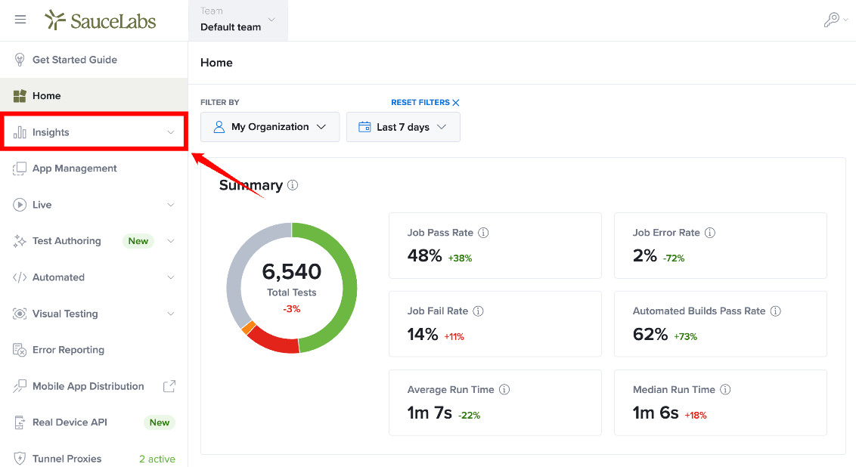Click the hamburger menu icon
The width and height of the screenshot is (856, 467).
pos(20,20)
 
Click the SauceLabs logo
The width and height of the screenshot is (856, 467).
pos(101,20)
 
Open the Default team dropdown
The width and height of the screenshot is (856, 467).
pos(238,20)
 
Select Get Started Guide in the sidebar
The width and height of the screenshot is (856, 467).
pos(74,60)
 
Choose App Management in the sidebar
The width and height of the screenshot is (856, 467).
pos(74,168)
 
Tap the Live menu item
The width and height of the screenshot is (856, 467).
pos(42,205)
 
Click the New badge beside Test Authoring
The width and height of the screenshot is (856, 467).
pos(138,241)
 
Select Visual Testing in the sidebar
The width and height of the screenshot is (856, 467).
pos(65,314)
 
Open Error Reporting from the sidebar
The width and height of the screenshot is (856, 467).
pos(68,350)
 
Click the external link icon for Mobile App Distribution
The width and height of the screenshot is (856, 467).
pos(170,386)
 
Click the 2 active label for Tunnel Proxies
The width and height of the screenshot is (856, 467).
pos(157,459)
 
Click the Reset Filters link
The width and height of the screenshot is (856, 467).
pos(425,102)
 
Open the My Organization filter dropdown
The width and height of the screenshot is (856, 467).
pos(270,127)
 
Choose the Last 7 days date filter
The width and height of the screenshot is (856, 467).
pos(403,127)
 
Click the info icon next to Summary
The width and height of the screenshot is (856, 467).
pos(293,185)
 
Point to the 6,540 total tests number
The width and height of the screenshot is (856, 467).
pos(292,271)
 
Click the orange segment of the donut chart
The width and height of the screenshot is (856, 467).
pos(248,327)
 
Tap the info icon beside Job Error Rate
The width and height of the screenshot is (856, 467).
pos(710,233)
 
